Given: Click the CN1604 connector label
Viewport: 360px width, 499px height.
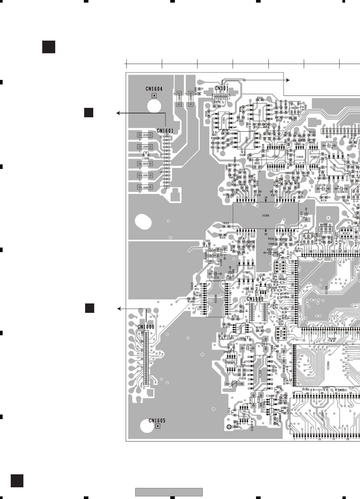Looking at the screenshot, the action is coord(154,89).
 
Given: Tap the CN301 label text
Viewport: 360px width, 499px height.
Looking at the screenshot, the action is coord(222,88).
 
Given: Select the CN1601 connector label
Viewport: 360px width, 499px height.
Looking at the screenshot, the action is coord(165,131).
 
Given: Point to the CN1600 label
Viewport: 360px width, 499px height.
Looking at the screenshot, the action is coord(146,327).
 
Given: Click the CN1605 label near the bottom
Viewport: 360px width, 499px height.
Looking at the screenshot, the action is coord(157,420).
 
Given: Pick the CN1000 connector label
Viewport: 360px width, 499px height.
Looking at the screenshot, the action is coord(255,299).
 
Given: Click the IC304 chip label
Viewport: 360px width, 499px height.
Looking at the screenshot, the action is coord(266,215).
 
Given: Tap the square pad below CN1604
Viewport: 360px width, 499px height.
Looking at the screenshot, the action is coord(154,96).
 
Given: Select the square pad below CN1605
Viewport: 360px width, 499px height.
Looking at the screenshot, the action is coord(158,426).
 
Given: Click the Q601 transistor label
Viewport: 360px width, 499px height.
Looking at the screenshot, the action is coord(257,163).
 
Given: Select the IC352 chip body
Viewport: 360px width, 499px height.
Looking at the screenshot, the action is coord(260,112).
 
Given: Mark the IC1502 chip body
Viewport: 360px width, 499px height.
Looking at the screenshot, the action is coord(246,272).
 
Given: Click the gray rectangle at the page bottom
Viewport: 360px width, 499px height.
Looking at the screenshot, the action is coord(169,492).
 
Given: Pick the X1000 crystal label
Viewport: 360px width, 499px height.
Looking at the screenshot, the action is coord(323,224).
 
